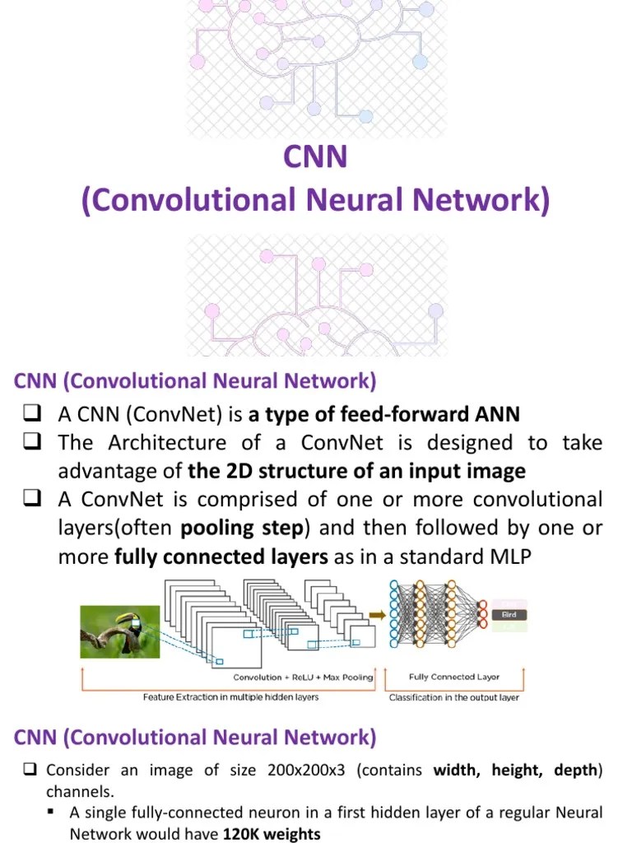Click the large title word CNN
(x=315, y=156)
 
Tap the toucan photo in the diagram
(x=117, y=631)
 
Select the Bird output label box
(x=509, y=615)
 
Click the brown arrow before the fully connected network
(x=377, y=614)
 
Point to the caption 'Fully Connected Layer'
(x=454, y=677)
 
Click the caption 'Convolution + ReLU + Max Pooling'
(x=303, y=678)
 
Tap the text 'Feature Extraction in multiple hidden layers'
(x=230, y=697)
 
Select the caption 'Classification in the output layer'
(x=454, y=697)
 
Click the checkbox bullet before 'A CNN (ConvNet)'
(x=33, y=413)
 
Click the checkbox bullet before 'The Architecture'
(x=33, y=443)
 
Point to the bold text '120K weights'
(x=272, y=834)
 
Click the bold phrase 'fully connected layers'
(x=221, y=557)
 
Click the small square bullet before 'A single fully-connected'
(x=52, y=813)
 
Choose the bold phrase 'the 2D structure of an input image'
(x=356, y=472)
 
